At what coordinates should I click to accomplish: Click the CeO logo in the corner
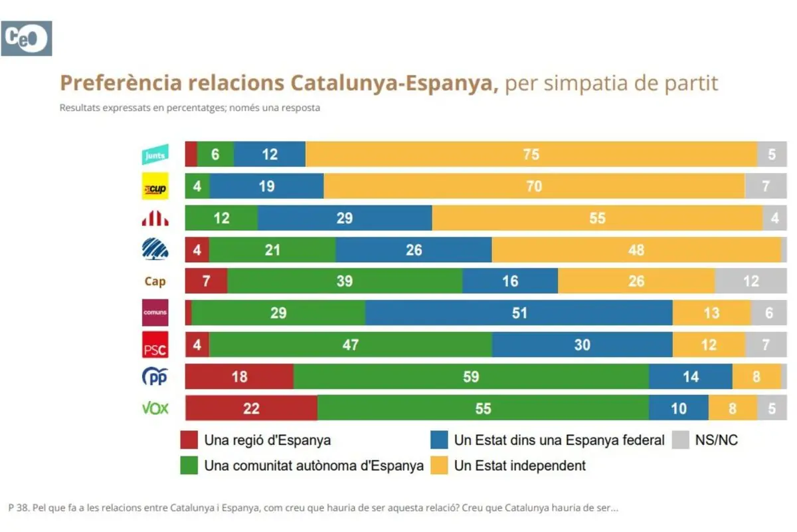(27, 38)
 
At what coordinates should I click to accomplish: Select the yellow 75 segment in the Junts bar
(531, 155)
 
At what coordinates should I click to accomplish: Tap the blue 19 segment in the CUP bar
(266, 186)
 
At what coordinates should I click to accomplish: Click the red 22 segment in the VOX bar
(251, 408)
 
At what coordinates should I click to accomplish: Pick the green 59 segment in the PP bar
(471, 376)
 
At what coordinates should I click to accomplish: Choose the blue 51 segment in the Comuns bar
(519, 313)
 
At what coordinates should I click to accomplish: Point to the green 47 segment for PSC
(350, 344)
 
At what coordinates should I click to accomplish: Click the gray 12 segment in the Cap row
(751, 281)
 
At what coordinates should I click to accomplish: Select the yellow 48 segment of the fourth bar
(636, 249)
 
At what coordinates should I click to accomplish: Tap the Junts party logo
(155, 155)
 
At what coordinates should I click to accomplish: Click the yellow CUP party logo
(155, 187)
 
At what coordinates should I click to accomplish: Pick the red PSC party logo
(155, 345)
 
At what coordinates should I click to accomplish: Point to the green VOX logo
(155, 408)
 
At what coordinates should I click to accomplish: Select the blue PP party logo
(155, 377)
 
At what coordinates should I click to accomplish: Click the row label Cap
(155, 281)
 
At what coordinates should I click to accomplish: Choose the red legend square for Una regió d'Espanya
(189, 440)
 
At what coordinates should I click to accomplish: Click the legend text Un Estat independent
(519, 465)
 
